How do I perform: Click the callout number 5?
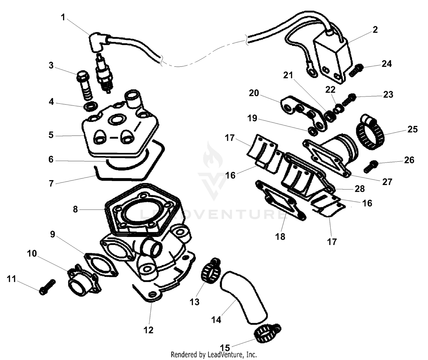(51, 135)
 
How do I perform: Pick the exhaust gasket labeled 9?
(101, 264)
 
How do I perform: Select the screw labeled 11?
(47, 287)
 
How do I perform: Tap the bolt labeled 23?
(348, 99)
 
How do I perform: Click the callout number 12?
(148, 330)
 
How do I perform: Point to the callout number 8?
(75, 210)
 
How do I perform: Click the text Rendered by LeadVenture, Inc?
(214, 355)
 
